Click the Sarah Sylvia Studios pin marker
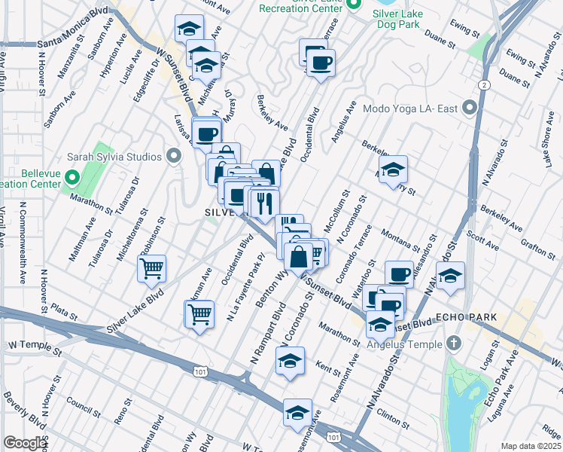[x=175, y=157]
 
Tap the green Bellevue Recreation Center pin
[x=73, y=179]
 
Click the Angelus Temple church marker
[x=452, y=344]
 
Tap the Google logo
[x=26, y=443]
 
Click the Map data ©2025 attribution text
[x=531, y=446]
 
